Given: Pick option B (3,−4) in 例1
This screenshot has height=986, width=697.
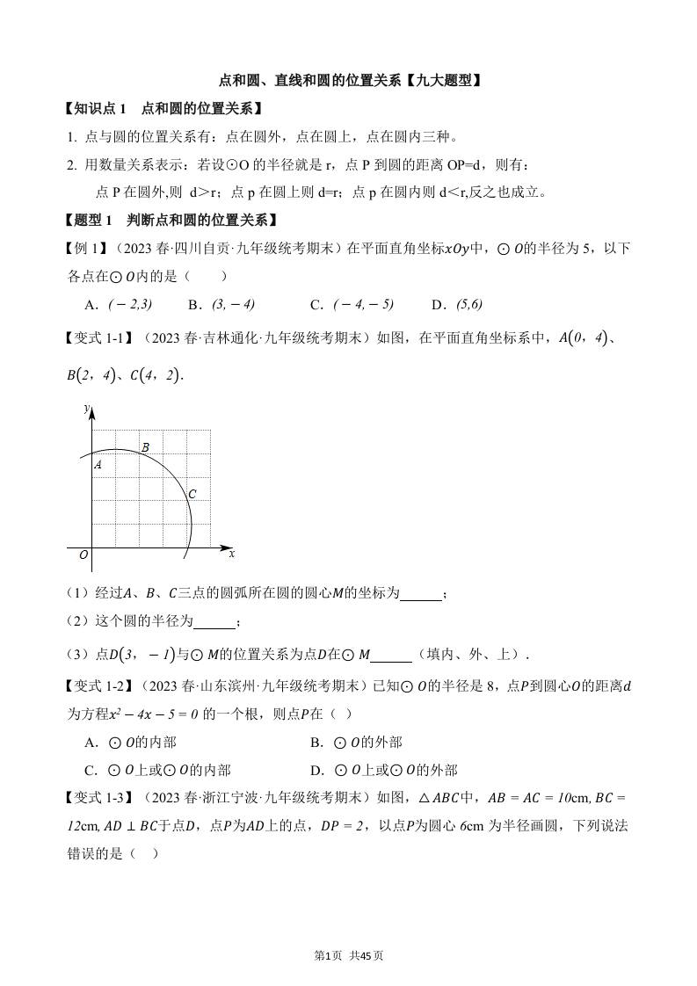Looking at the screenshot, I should pyautogui.click(x=222, y=304).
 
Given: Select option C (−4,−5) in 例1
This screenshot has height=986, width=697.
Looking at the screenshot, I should pyautogui.click(x=352, y=304).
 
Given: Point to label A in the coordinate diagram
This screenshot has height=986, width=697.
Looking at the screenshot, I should pyautogui.click(x=98, y=464).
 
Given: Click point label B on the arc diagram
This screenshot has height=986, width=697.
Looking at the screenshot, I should pyautogui.click(x=145, y=447).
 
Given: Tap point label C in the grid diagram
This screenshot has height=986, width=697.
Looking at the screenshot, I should pyautogui.click(x=192, y=494).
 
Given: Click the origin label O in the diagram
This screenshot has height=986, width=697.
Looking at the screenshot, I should pyautogui.click(x=83, y=555).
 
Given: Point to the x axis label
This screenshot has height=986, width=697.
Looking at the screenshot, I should pyautogui.click(x=231, y=554).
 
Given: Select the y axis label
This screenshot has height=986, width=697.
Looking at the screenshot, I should pyautogui.click(x=85, y=410).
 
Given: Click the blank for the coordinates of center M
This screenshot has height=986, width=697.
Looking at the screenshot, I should pyautogui.click(x=421, y=594).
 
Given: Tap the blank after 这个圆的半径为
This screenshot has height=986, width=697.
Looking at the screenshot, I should pyautogui.click(x=214, y=622).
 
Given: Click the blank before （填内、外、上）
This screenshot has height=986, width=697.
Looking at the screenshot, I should pyautogui.click(x=391, y=654).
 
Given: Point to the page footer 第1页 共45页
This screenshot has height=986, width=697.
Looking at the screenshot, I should pyautogui.click(x=349, y=955).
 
